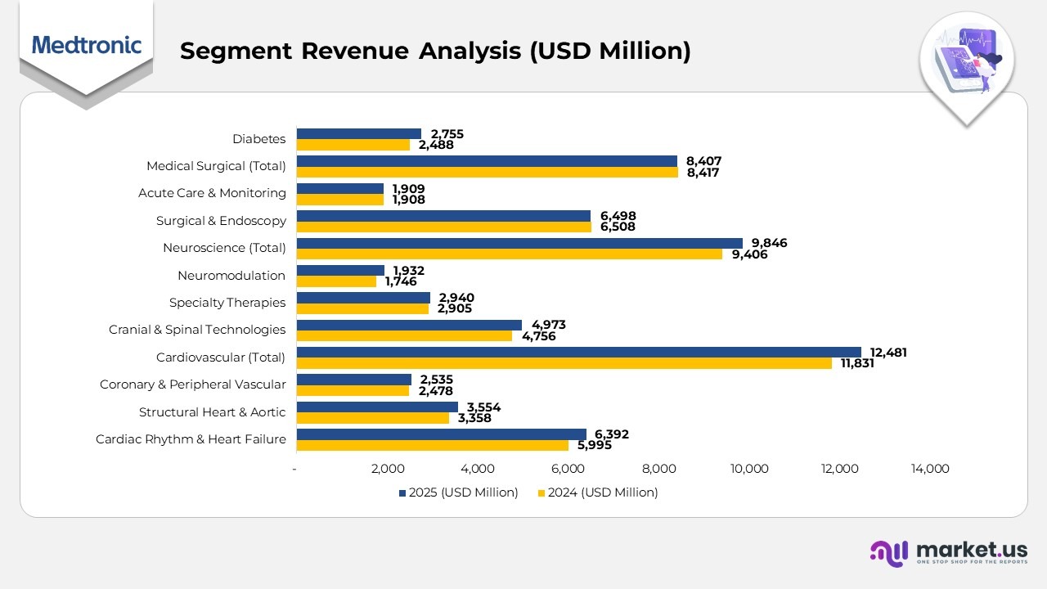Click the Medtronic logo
coord(87,44)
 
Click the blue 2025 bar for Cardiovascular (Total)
coord(578,352)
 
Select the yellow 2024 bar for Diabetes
coord(353,145)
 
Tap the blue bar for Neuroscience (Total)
coord(519,243)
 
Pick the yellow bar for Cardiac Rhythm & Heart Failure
coord(432,445)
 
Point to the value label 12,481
coord(888,353)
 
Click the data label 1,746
coord(401,281)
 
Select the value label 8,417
coord(703,173)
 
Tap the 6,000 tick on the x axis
coord(568,469)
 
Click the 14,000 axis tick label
coord(930,469)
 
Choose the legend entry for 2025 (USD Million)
coord(459,492)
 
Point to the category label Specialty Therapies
coord(227,303)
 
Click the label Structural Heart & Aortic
coord(212,411)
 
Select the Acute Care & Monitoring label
coord(212,193)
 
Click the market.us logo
coord(949,553)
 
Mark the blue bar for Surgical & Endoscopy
coord(443,216)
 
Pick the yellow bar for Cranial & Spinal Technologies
coord(404,335)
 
